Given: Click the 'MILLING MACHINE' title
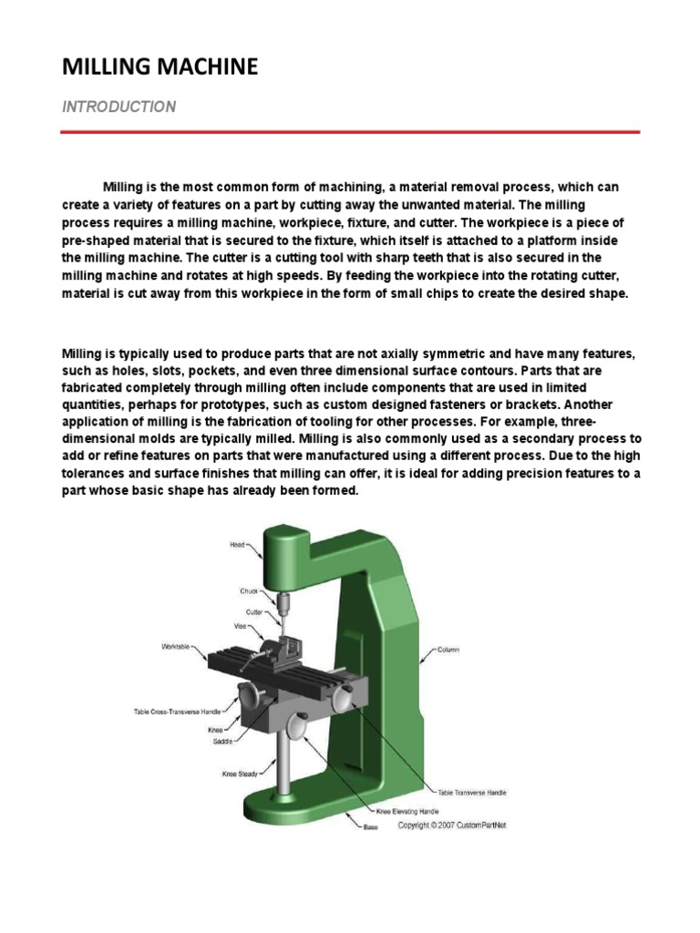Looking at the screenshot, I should point(160,67).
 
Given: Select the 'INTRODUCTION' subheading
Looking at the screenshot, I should point(118,107).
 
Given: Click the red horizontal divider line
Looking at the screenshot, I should point(350,132).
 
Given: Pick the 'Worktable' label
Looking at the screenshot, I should point(176,648).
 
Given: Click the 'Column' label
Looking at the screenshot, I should point(448,650).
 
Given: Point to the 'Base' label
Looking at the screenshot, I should point(371,827).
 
